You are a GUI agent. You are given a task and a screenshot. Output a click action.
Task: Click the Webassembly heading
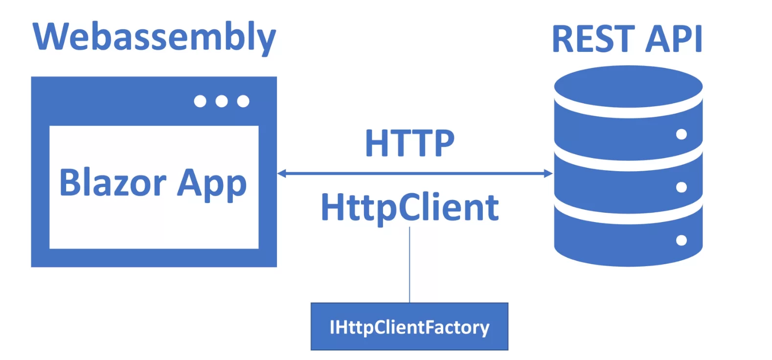(x=154, y=37)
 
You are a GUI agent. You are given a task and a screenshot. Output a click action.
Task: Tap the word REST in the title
(x=592, y=39)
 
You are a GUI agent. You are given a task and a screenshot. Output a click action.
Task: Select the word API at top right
(x=674, y=39)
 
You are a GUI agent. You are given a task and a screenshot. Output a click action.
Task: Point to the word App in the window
(x=211, y=183)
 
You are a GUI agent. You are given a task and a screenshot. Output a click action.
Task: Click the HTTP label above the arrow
(x=409, y=143)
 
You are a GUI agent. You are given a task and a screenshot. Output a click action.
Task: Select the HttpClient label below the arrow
(x=409, y=207)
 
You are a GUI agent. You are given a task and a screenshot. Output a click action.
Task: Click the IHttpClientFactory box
(x=409, y=327)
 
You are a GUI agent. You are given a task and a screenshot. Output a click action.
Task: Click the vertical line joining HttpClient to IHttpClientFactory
(x=409, y=264)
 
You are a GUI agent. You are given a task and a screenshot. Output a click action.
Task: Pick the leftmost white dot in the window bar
(x=200, y=101)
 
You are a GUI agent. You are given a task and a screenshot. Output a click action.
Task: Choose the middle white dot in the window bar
(x=222, y=101)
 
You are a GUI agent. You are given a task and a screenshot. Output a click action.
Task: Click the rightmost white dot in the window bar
(x=243, y=101)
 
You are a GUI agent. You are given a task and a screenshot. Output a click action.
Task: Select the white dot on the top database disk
(x=681, y=134)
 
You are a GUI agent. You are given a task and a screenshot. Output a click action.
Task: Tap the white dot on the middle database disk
(x=681, y=187)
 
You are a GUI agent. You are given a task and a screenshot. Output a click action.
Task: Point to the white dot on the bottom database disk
(x=681, y=240)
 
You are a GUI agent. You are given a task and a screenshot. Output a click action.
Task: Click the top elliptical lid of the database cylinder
(x=628, y=86)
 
